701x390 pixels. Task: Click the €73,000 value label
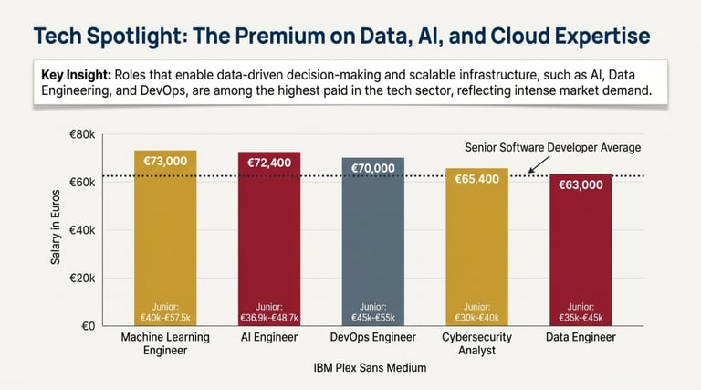[165, 161]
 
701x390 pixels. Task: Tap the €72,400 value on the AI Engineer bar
[269, 162]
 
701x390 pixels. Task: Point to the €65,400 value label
[476, 179]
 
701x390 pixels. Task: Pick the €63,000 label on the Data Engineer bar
[580, 184]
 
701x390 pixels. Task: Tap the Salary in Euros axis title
[57, 230]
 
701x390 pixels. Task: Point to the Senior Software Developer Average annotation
[553, 147]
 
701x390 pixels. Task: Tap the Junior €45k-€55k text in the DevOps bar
[373, 311]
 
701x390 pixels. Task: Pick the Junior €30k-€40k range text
[476, 311]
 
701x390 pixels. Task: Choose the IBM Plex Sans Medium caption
[372, 368]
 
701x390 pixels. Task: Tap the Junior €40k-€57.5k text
[165, 311]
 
